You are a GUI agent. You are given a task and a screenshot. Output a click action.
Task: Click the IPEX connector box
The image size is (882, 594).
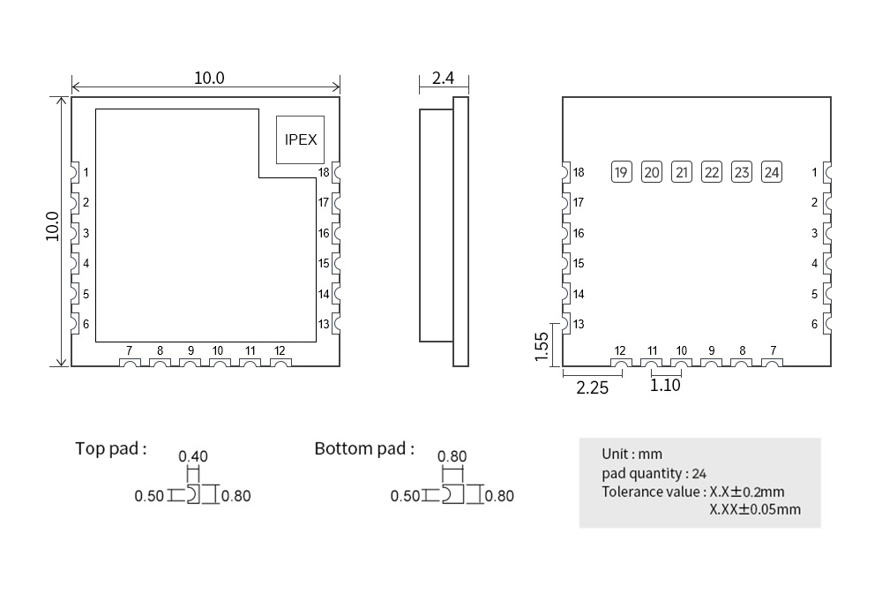301,139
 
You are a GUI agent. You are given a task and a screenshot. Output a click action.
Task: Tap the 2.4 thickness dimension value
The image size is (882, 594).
443,79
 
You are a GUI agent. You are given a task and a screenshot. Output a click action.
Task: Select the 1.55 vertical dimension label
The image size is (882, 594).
542,346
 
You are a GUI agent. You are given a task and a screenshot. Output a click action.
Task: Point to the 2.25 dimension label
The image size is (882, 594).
592,387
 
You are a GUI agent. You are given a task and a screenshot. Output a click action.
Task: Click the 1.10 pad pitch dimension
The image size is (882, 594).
665,385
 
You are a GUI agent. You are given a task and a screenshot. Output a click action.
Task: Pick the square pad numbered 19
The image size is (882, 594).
622,172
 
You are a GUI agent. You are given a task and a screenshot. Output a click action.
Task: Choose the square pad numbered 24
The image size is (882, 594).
772,172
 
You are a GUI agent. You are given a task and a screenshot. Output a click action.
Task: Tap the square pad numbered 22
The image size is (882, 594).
712,172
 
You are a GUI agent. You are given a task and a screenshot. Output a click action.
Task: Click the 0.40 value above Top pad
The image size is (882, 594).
193,456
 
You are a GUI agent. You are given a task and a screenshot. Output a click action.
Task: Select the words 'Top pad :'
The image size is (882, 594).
111,448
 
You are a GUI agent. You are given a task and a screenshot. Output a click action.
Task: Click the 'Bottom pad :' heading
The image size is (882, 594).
364,448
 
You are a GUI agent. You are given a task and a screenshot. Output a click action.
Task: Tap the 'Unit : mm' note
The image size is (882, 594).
632,454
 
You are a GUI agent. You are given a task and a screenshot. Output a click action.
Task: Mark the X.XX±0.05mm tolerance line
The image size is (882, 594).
755,509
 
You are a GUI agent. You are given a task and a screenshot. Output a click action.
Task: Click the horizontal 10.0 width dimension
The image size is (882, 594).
209,78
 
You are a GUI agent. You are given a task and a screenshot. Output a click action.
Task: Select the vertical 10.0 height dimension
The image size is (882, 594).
53,226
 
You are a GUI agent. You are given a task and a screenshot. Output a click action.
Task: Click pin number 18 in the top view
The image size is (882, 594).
324,172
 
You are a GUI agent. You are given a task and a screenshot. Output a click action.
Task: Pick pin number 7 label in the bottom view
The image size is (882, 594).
773,350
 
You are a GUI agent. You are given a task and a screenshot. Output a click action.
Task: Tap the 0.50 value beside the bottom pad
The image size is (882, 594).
405,496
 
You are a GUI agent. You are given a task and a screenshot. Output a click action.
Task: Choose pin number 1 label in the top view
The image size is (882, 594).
86,172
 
